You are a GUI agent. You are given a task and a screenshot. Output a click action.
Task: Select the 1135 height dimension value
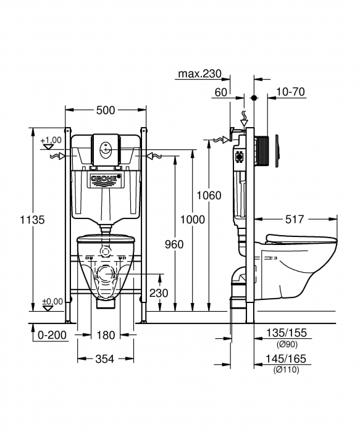coord(33,219)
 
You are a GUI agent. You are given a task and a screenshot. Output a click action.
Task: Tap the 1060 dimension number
coord(209,196)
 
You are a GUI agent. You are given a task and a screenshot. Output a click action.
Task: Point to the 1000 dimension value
coord(192,220)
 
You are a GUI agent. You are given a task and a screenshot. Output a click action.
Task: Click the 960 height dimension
coord(175,244)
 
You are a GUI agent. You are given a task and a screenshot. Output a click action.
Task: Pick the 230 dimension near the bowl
coord(159,293)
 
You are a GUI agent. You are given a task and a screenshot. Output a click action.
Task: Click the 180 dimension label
coord(106,335)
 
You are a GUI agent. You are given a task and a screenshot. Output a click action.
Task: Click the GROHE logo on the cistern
coord(106,180)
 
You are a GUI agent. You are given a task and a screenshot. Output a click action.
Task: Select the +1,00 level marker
coord(51,141)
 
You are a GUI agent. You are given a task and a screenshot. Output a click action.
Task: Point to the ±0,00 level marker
coord(52,301)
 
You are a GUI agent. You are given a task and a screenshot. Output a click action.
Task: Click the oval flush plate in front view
coord(106,149)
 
